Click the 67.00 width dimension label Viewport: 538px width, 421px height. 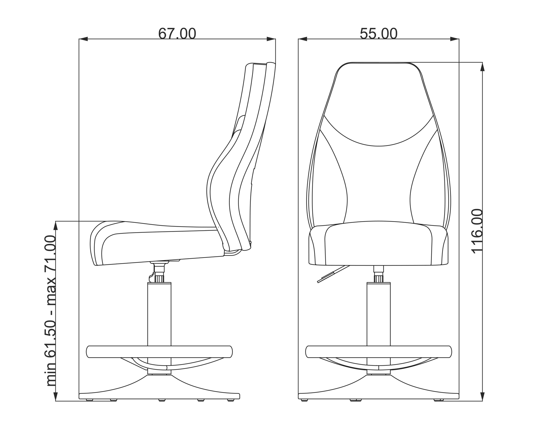pyautogui.click(x=177, y=34)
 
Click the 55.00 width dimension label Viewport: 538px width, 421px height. pyautogui.click(x=378, y=34)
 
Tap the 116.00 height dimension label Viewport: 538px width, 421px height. pyautogui.click(x=477, y=231)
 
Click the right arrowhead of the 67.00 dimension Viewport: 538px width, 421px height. pyautogui.click(x=271, y=39)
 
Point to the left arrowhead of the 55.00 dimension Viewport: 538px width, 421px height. pyautogui.click(x=303, y=39)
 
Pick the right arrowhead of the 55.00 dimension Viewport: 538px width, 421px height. pyautogui.click(x=455, y=39)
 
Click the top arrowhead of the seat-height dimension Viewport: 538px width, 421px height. pyautogui.click(x=56, y=226)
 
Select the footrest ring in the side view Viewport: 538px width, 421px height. pyautogui.click(x=159, y=352)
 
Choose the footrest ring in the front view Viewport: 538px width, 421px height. pyautogui.click(x=378, y=352)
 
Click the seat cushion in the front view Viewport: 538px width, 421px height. pyautogui.click(x=378, y=243)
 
